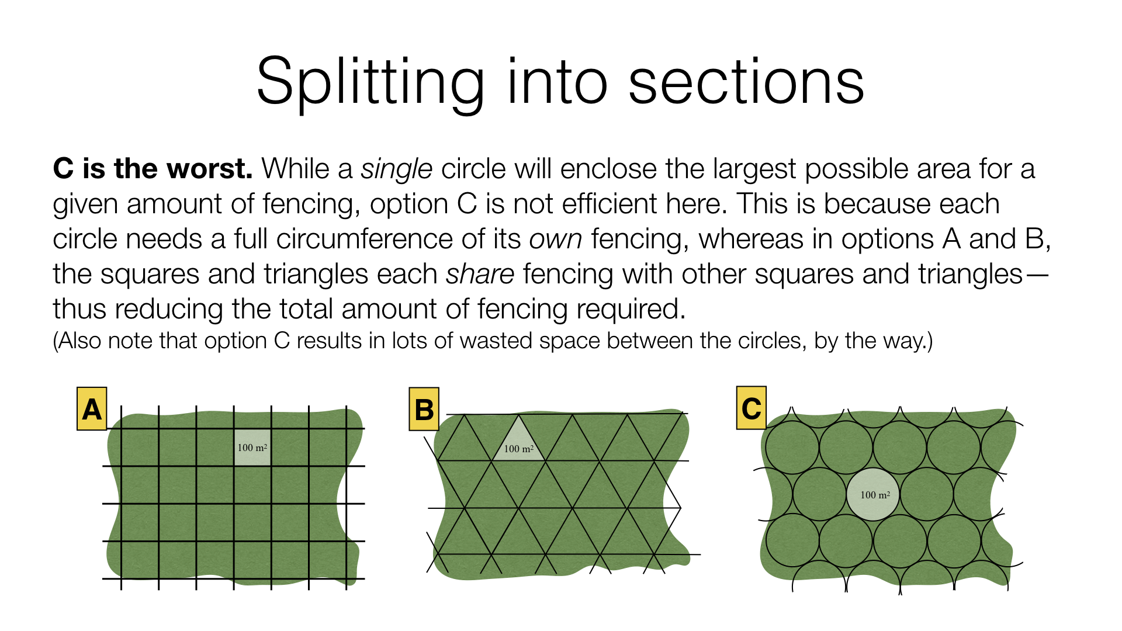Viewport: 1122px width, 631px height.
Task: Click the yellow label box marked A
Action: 92,409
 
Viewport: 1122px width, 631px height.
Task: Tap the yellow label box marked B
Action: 424,409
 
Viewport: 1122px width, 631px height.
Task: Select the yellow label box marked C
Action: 751,408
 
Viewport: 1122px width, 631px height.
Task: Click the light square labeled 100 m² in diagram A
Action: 252,448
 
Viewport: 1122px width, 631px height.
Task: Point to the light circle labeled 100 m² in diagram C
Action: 873,494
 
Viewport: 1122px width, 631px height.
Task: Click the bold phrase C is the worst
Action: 153,169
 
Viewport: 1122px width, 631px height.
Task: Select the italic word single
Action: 396,169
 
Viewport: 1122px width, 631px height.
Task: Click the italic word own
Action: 555,239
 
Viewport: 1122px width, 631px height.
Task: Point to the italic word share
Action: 480,274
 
